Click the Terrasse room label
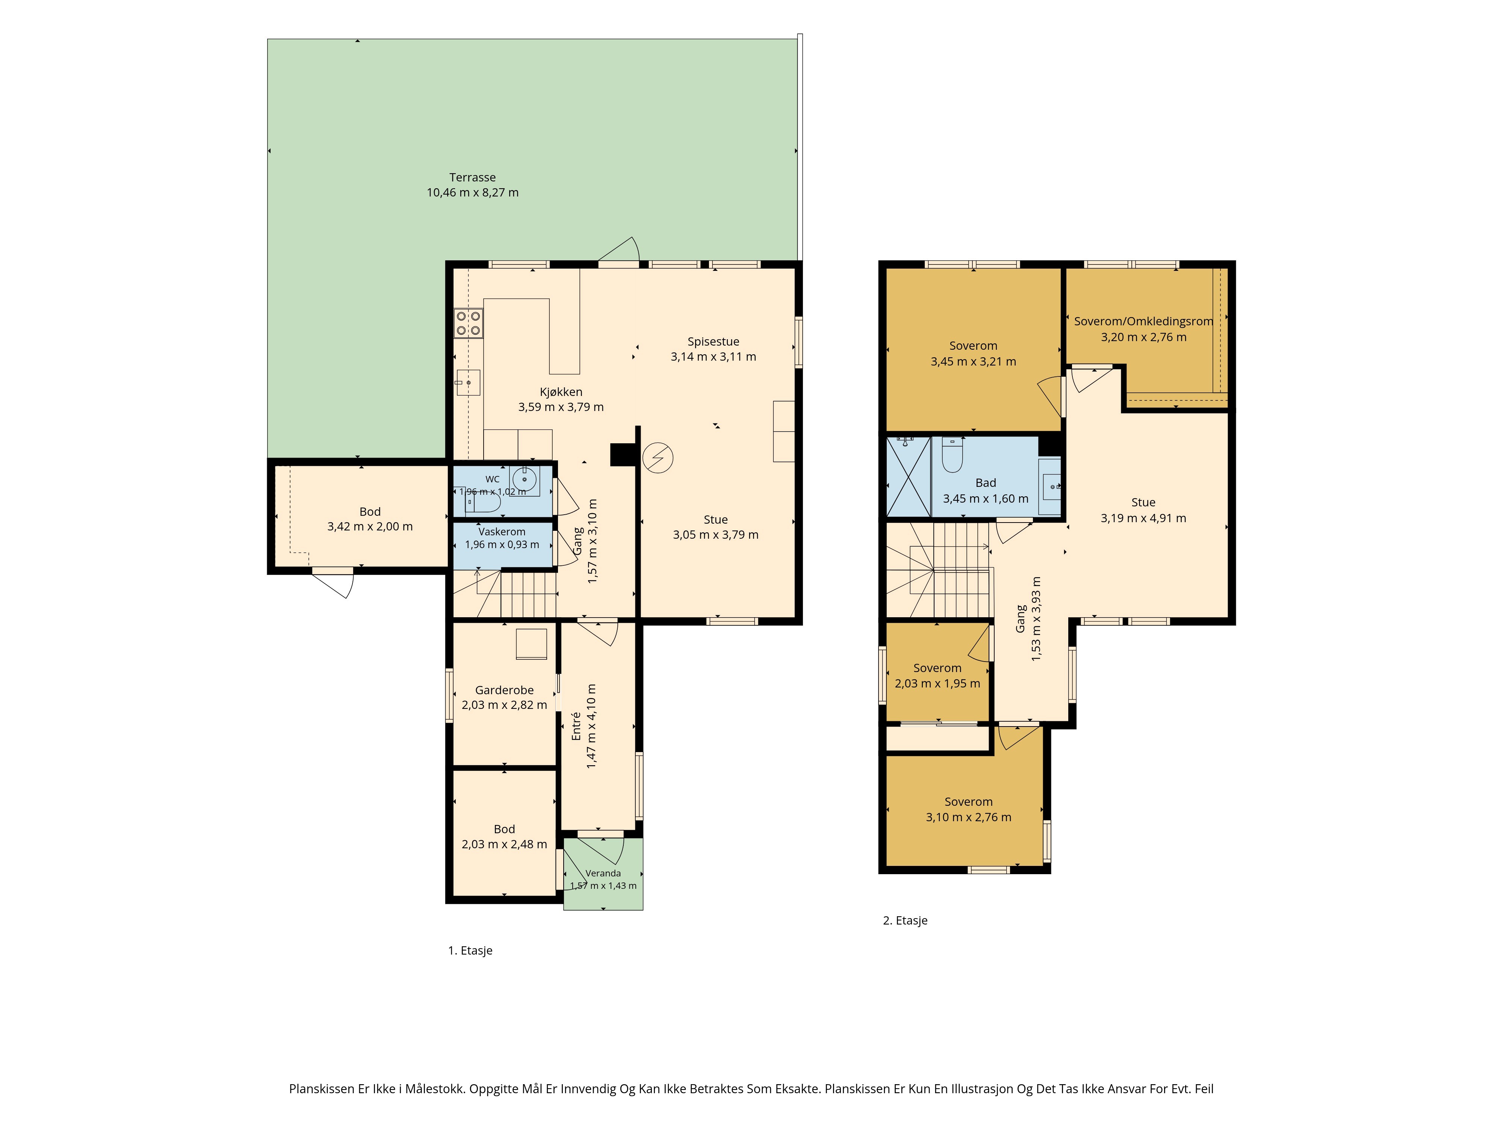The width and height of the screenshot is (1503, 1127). point(472,177)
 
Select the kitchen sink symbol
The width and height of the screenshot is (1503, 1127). point(468,382)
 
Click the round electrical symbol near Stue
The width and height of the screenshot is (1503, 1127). point(658,458)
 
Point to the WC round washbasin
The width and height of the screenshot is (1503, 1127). point(525,479)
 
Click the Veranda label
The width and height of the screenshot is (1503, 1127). point(603,873)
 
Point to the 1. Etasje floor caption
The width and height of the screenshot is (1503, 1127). point(470,950)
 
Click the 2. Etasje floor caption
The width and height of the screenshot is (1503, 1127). point(905,920)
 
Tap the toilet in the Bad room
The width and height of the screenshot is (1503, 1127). point(953,456)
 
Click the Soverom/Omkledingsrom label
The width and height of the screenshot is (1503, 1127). point(1143,321)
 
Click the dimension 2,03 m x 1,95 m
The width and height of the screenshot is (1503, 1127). point(937,683)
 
